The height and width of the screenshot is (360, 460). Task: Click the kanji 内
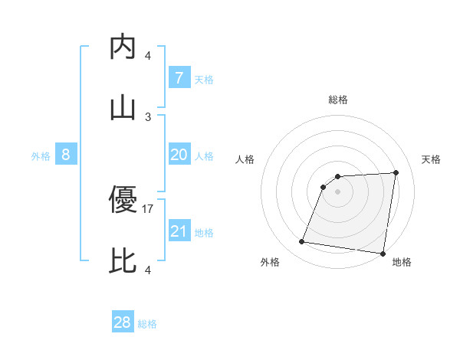[123, 47]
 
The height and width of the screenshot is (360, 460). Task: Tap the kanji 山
[123, 108]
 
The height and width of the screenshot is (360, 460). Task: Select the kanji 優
[123, 200]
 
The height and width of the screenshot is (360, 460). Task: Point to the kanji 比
[123, 261]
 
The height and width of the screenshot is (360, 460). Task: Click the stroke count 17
[149, 208]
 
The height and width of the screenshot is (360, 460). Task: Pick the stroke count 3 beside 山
[148, 116]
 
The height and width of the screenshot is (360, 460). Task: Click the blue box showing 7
[179, 77]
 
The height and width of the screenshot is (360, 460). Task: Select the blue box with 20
[179, 155]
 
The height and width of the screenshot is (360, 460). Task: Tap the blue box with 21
[179, 231]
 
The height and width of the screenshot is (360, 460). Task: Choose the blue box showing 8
[66, 155]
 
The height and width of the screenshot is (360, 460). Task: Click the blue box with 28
[122, 322]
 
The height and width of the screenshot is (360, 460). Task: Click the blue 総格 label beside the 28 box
[147, 324]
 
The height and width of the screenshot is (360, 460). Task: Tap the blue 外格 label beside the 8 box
[41, 156]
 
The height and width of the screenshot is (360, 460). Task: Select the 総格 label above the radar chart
[338, 100]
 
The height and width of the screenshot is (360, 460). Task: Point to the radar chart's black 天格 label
[432, 159]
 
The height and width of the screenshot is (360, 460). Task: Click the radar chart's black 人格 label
[245, 159]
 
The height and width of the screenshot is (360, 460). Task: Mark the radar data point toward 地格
[383, 254]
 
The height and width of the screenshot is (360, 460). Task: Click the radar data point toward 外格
[302, 242]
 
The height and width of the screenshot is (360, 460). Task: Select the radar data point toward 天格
[396, 172]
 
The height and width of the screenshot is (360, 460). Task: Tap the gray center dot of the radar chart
[337, 191]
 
